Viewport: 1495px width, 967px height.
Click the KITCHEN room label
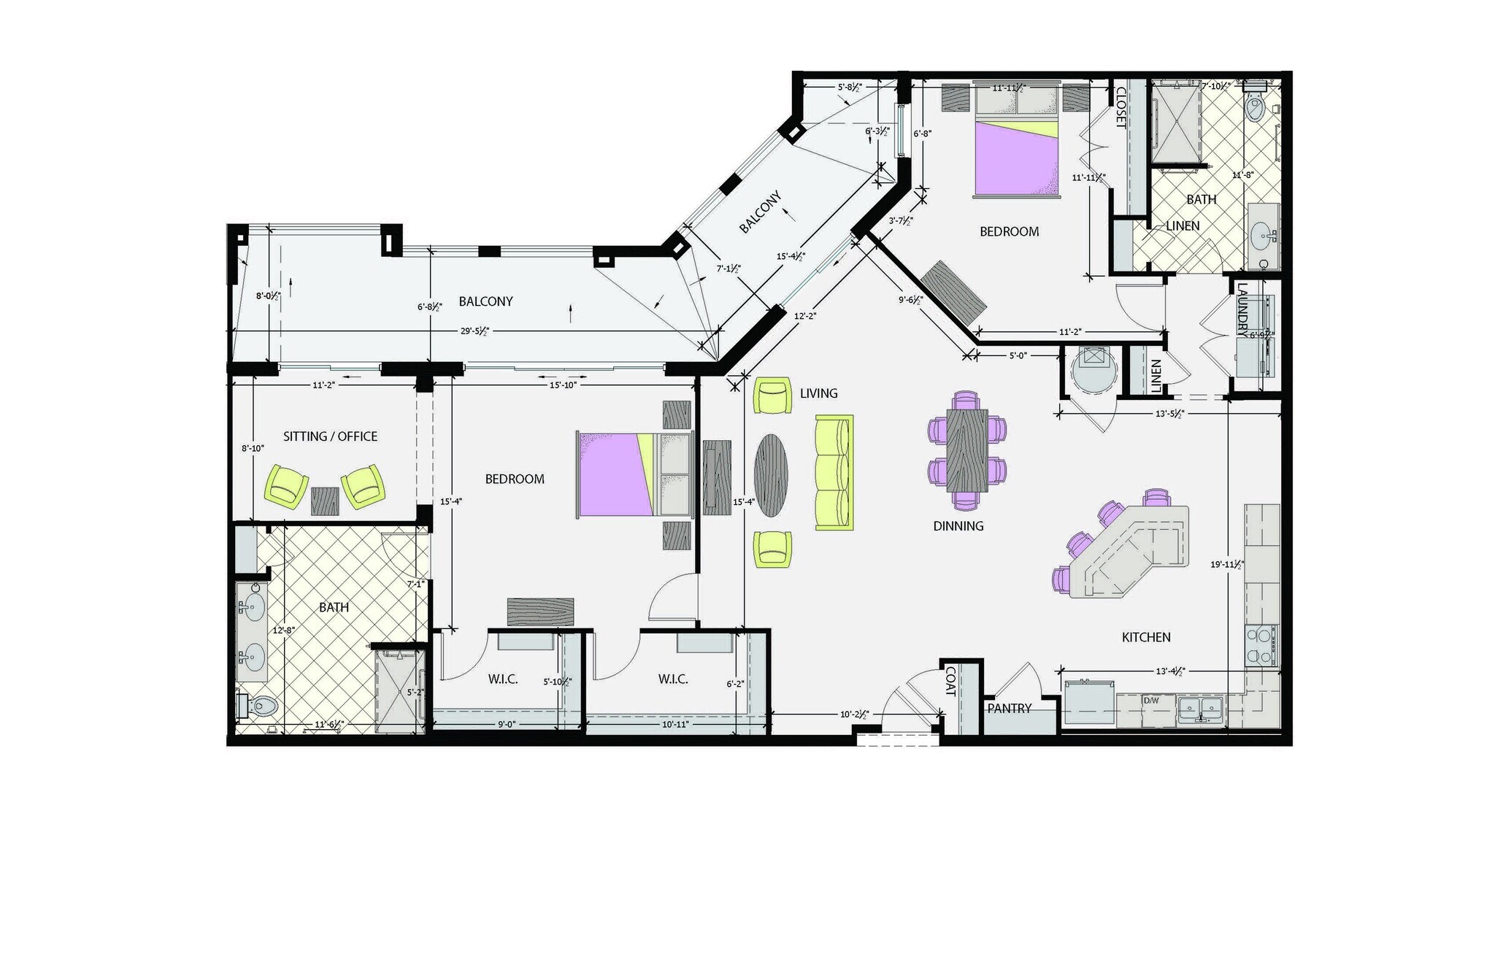1145,637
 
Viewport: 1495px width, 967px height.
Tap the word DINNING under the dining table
958,525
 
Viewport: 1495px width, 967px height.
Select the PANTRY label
1009,708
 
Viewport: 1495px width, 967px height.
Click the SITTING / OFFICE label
330,436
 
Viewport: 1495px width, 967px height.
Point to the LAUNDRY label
1242,310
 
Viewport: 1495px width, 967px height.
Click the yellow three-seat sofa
834,472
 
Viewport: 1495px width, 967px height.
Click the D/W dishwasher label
1151,701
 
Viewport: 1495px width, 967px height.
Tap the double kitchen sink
1201,707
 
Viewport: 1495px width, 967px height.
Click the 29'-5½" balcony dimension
474,331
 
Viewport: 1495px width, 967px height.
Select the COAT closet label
950,680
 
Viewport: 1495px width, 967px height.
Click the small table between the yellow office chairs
326,501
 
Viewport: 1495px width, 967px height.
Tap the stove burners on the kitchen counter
1262,644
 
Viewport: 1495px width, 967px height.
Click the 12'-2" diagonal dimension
805,316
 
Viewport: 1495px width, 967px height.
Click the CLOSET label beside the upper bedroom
1121,107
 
